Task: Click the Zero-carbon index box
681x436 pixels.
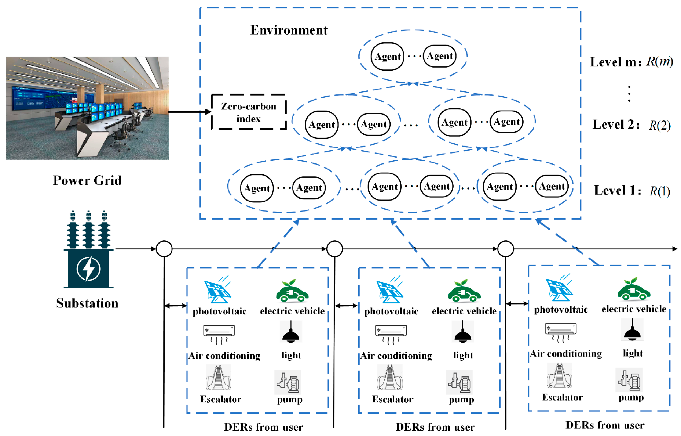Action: (x=248, y=112)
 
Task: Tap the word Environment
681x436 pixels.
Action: (x=289, y=30)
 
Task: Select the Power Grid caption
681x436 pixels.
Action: (x=87, y=180)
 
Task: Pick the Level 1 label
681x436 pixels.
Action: (x=617, y=191)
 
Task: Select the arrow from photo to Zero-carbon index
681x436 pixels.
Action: (x=190, y=112)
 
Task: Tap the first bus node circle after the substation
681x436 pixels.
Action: (x=164, y=249)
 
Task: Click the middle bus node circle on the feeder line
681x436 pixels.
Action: (x=334, y=249)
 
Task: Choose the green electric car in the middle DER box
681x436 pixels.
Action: (x=464, y=292)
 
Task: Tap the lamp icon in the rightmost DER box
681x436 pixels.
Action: (x=632, y=330)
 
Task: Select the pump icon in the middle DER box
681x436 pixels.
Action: (x=459, y=382)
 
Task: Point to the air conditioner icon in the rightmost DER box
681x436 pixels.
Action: (x=561, y=332)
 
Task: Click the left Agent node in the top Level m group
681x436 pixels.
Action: (x=387, y=56)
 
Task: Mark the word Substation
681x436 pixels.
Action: (x=87, y=303)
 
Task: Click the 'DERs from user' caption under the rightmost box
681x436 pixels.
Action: (x=605, y=425)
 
